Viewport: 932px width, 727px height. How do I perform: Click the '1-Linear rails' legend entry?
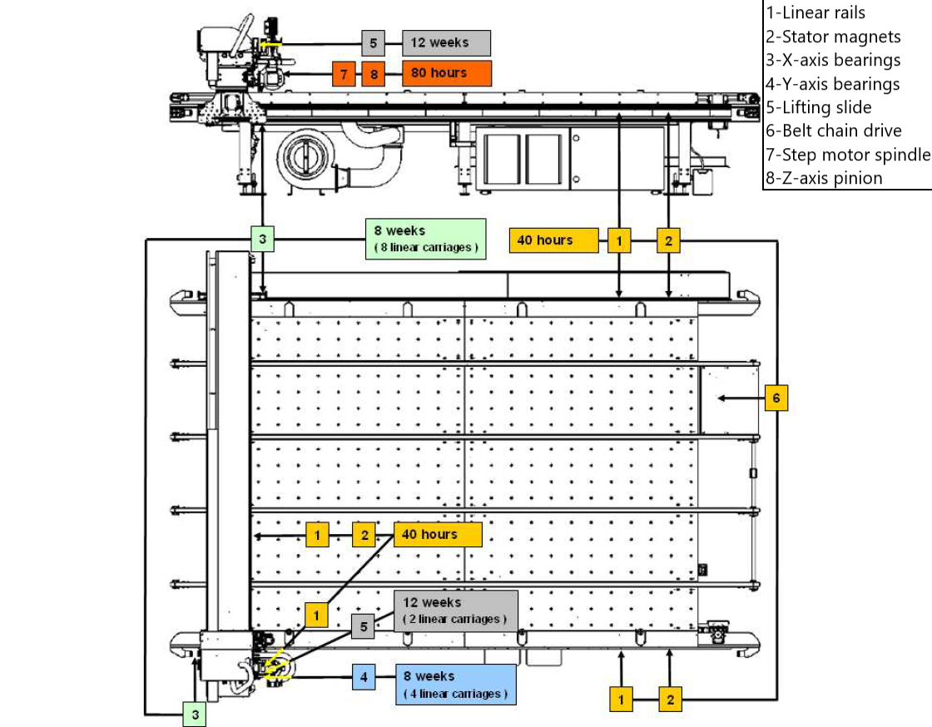(815, 12)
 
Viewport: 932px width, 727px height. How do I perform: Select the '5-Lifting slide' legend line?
(819, 107)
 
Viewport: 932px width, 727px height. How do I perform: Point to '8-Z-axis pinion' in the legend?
(824, 178)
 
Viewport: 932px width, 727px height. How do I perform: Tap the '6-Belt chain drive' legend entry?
(833, 131)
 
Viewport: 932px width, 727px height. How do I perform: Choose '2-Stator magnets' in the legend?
(833, 37)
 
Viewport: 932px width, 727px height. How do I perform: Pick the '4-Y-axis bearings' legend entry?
(832, 84)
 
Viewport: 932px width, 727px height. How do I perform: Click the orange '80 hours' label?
(446, 73)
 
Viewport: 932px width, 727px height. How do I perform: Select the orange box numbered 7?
(344, 74)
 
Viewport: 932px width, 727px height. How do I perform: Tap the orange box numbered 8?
(374, 74)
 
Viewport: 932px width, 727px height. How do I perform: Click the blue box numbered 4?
(364, 676)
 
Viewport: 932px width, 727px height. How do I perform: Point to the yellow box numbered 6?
(776, 398)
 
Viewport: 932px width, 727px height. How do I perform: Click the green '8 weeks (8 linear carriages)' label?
(425, 239)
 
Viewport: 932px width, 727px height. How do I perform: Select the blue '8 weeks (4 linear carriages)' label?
(456, 685)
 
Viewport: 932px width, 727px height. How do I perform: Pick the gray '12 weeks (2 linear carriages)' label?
(455, 611)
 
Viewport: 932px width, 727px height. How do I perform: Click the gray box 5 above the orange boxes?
(374, 43)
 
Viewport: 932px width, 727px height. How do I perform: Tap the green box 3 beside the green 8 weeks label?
(262, 239)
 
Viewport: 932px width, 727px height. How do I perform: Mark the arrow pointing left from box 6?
(741, 398)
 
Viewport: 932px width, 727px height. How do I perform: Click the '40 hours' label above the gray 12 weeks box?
(438, 535)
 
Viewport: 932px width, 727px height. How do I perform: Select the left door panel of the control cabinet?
(503, 159)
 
